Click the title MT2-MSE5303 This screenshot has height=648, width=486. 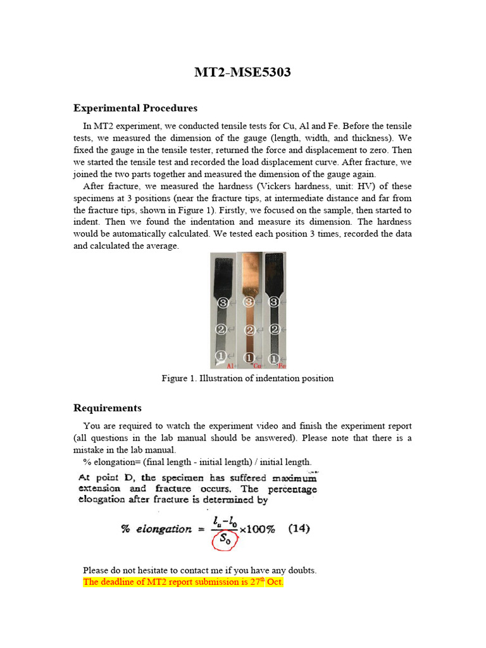(x=242, y=72)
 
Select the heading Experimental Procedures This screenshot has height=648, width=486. (x=135, y=108)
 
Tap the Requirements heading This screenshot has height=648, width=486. (x=108, y=408)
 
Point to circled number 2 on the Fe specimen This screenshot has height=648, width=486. (x=274, y=329)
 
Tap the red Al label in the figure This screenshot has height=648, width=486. (x=230, y=366)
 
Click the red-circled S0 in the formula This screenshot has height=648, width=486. (x=224, y=540)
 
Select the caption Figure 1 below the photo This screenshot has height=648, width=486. (x=247, y=378)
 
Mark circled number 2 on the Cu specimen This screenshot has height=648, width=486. (x=249, y=330)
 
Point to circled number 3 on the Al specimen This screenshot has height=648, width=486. (x=222, y=303)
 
